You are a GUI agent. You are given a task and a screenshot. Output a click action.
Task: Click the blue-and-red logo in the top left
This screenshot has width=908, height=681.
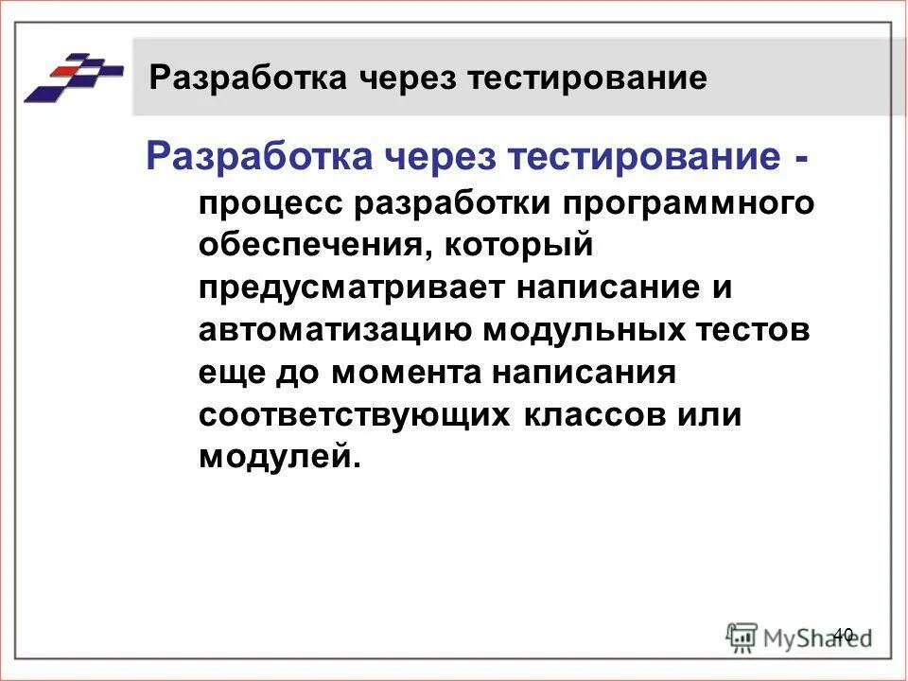coord(74,76)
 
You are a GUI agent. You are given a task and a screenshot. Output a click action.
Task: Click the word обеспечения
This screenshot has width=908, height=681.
coord(304,247)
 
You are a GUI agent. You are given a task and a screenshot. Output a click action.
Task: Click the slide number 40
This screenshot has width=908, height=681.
coord(844,634)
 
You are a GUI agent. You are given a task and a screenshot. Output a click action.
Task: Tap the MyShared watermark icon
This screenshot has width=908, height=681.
coord(742,636)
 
